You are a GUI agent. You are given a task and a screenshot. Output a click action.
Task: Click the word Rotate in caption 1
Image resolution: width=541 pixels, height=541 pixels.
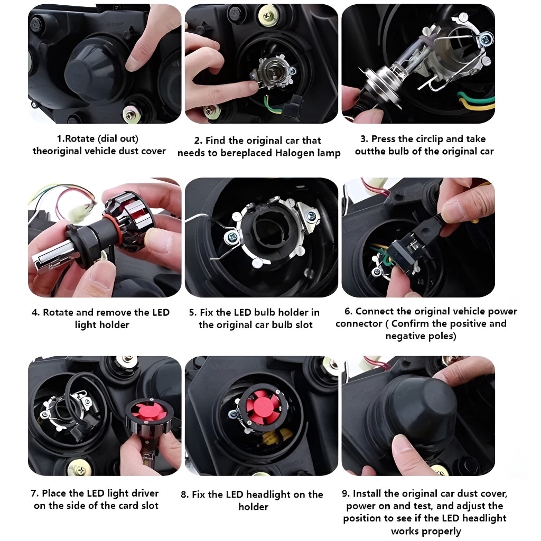80,139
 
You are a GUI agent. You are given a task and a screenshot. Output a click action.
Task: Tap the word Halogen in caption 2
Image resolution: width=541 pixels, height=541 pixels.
292,153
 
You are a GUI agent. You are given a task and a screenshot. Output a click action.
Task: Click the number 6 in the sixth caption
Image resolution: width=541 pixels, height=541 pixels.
348,311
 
